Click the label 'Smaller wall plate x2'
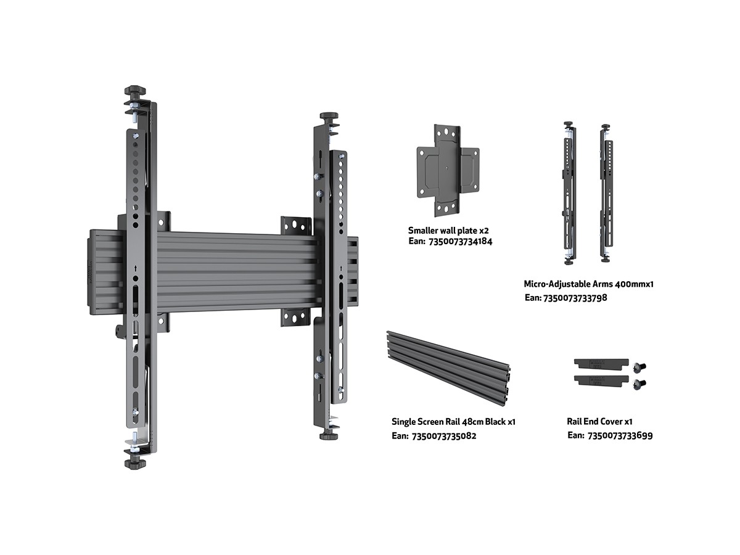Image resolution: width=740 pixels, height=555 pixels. [448, 231]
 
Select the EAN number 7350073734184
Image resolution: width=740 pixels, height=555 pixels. [461, 241]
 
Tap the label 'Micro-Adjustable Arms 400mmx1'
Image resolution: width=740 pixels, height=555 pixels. [589, 284]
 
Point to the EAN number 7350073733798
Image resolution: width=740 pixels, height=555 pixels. [575, 298]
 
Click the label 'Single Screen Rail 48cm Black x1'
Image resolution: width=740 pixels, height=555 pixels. [453, 422]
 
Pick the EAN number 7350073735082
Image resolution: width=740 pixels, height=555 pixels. [444, 436]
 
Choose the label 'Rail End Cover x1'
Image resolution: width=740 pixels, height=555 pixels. [599, 422]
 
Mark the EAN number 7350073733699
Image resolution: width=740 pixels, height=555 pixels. [620, 436]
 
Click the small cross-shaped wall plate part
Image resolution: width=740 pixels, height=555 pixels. [448, 171]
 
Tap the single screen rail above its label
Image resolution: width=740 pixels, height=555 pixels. [448, 369]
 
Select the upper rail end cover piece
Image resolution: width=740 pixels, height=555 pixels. [601, 364]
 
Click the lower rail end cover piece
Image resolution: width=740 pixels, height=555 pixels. [601, 380]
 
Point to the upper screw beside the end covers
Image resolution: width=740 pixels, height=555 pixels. [639, 366]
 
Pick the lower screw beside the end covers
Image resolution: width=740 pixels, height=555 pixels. [639, 384]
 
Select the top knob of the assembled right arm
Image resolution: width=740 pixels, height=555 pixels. [329, 117]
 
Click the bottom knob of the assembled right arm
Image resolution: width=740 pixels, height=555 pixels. [329, 436]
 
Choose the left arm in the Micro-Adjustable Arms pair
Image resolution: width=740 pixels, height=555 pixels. [569, 193]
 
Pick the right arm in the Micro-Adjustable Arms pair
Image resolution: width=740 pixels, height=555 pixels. [606, 193]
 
